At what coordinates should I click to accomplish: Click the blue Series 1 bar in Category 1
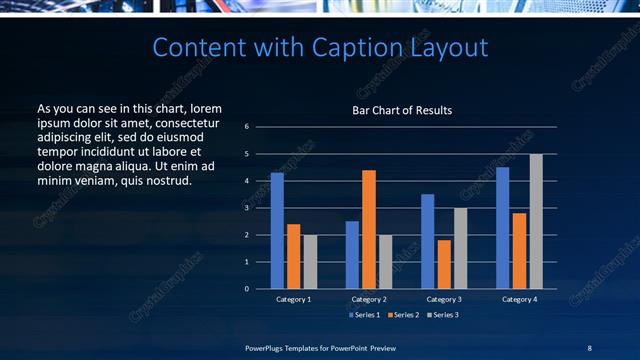point(277,231)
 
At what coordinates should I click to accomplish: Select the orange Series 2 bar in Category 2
point(369,229)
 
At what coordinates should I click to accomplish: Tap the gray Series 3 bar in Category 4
point(536,221)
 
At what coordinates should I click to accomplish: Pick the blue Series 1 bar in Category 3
point(427,241)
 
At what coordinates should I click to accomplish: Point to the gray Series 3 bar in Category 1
point(310,262)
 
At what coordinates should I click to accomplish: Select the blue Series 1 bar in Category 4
point(503,228)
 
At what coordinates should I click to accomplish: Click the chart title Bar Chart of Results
point(402,110)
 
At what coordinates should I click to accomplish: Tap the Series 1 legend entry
point(364,315)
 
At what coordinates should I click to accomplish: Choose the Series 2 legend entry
point(402,315)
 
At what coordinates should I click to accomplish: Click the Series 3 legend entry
point(440,315)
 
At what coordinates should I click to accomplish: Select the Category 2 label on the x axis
point(369,299)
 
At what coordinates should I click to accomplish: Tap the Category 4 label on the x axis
point(519,299)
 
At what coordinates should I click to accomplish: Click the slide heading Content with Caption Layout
point(320,47)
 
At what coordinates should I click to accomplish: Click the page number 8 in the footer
point(589,347)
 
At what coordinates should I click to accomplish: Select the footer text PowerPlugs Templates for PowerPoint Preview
point(320,347)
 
